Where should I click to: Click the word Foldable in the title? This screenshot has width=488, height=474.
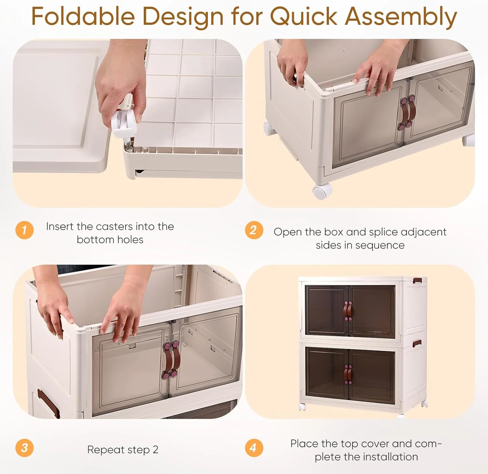point(83,16)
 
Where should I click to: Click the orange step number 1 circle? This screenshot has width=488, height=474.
point(24,230)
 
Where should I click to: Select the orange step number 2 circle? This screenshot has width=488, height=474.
point(254,230)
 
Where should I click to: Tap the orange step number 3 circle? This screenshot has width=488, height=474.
point(24,448)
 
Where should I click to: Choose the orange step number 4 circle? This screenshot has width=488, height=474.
point(254,448)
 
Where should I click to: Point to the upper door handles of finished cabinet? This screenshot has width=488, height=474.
point(348,311)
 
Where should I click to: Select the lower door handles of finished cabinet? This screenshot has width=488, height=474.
point(348,374)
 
